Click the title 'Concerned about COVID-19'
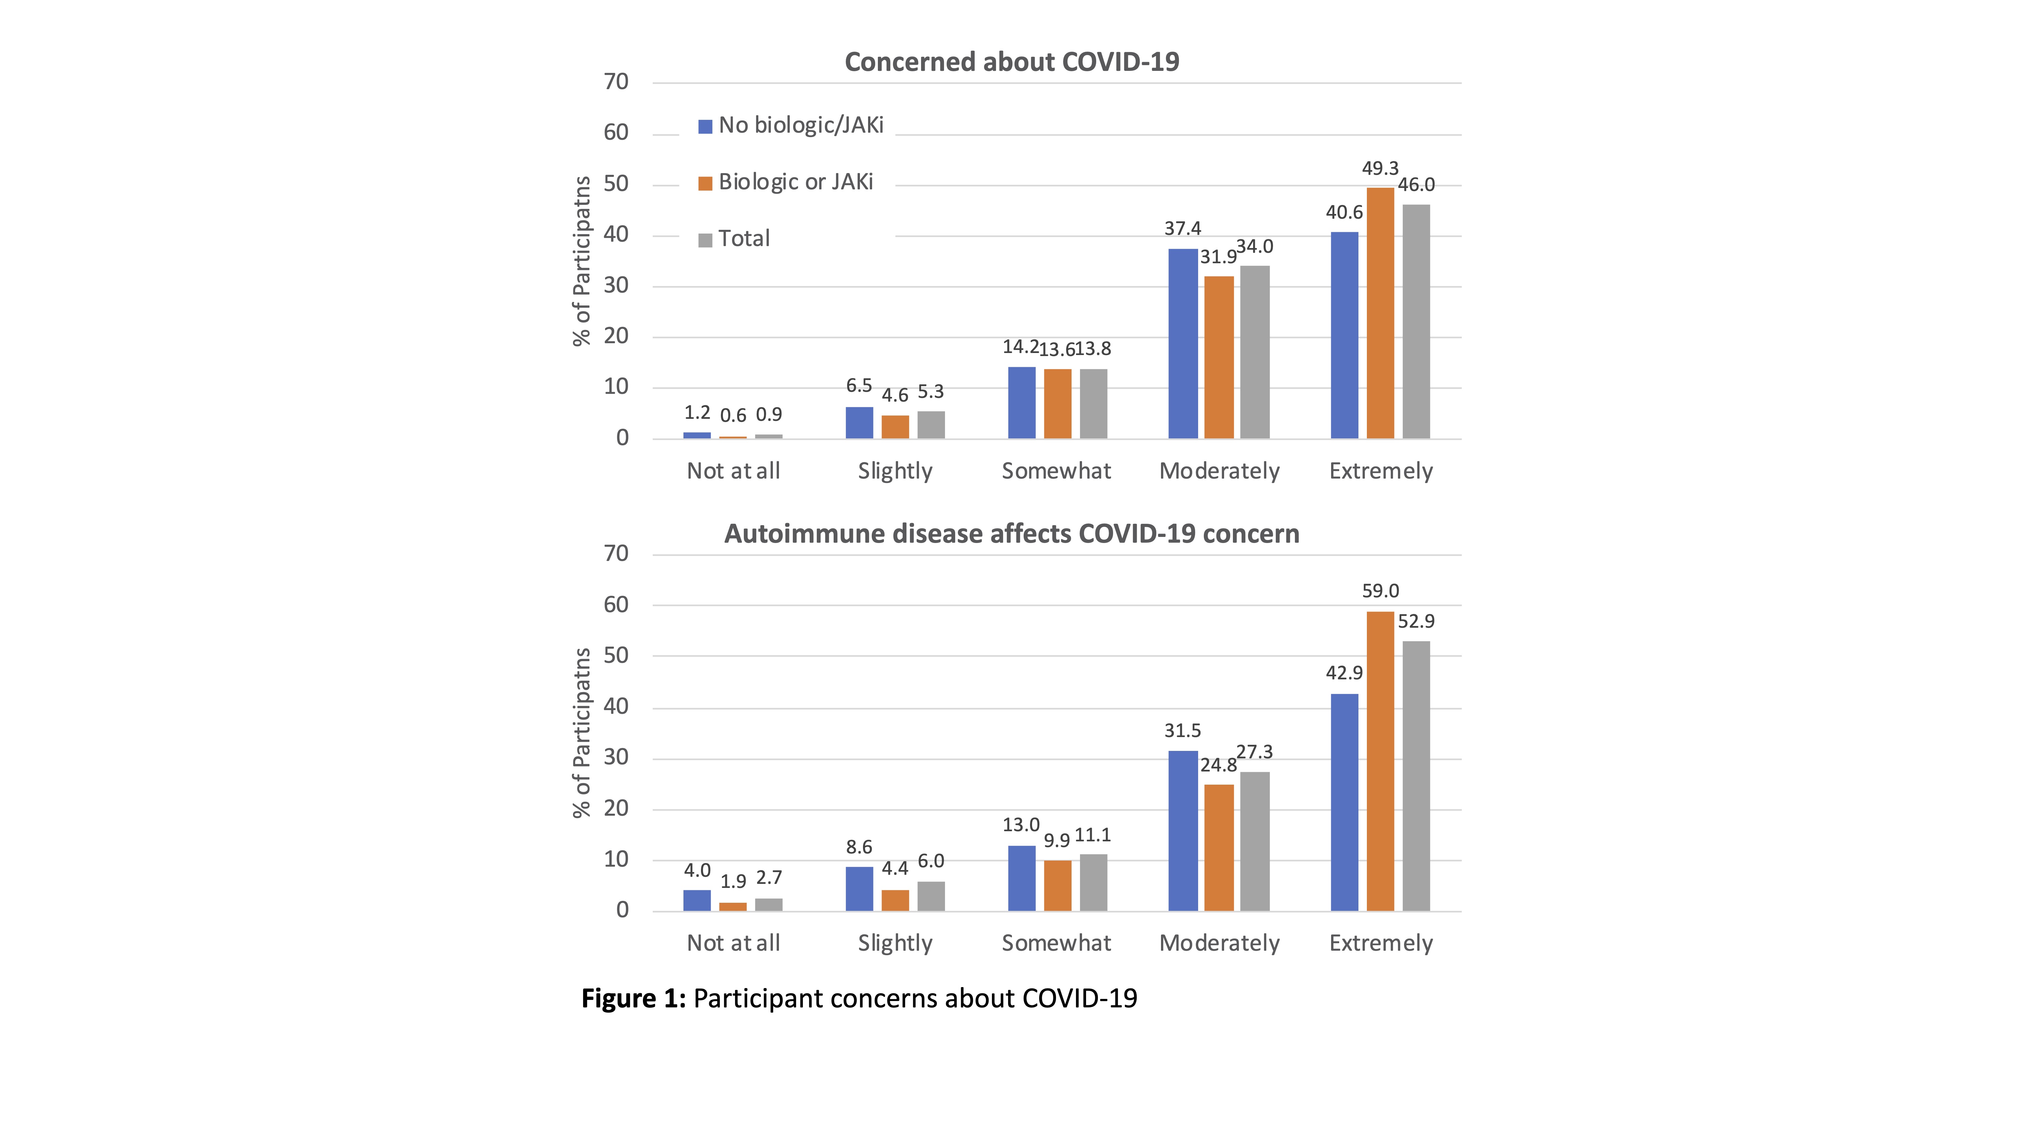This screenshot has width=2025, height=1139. coord(1012,62)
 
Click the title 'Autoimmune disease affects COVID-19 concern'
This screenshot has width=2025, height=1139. coord(1012,535)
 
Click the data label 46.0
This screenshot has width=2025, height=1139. coord(1416,186)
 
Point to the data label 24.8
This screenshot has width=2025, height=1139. coord(1218,766)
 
